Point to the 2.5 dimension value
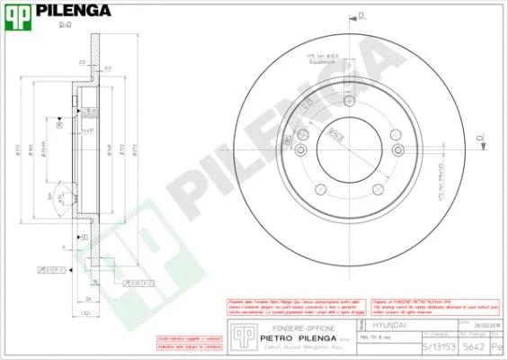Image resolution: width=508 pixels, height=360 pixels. (x=82, y=63)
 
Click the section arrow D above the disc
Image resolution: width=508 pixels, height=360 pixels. (x=360, y=15)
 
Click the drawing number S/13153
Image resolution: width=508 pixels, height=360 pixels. (x=438, y=346)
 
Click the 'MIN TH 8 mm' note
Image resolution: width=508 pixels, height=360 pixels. (x=376, y=337)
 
